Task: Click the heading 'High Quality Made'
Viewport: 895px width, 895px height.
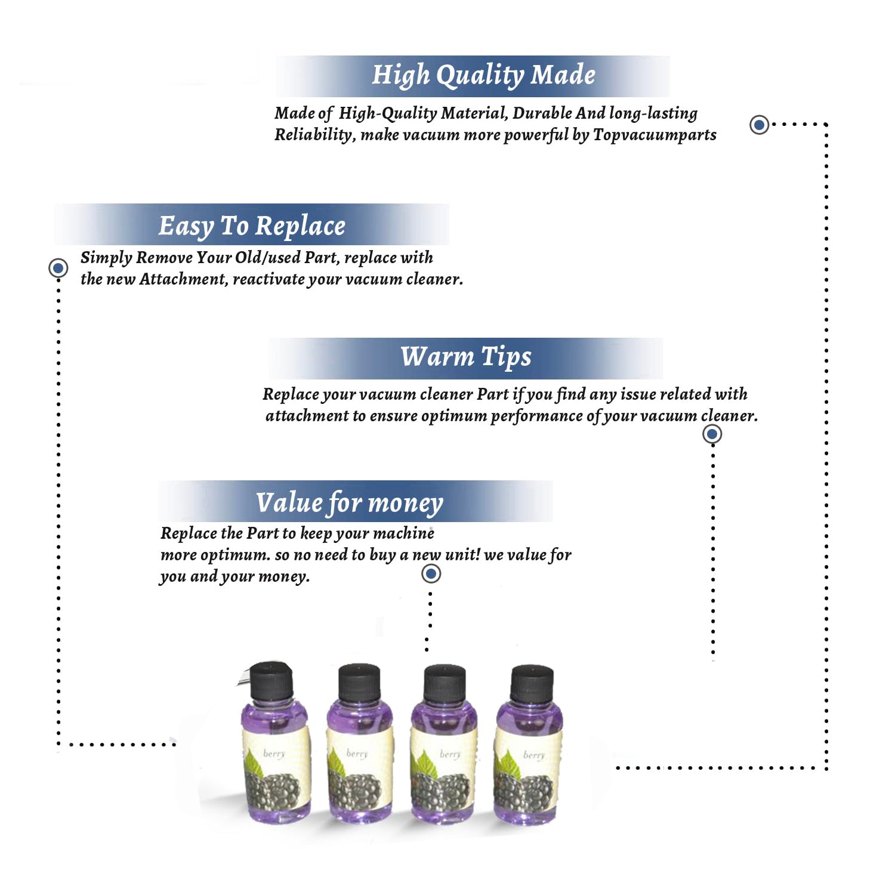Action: coord(483,76)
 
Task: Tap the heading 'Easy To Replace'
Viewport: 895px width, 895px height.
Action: coord(252,226)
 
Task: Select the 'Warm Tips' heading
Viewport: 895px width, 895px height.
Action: coord(465,357)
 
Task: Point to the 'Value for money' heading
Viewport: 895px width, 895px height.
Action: coord(350,502)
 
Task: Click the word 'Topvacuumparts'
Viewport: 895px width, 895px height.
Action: coord(655,135)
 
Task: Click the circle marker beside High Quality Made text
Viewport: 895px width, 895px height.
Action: coord(759,125)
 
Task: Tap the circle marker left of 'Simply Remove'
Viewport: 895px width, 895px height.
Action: coord(58,268)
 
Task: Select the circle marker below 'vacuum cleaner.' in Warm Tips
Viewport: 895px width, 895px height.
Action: coord(712,434)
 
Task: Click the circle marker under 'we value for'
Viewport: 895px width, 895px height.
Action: coord(431,574)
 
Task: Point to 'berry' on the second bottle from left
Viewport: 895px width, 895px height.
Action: coord(357,754)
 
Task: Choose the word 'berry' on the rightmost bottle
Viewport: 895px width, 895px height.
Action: coord(534,755)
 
